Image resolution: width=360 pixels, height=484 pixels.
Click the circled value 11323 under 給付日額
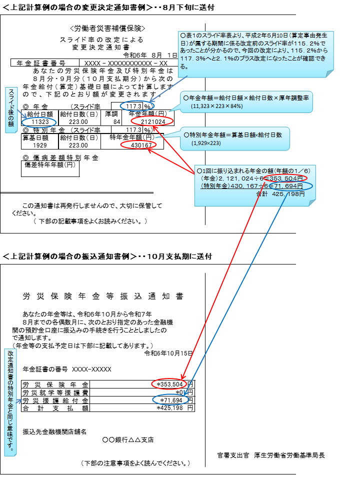[x=40, y=122]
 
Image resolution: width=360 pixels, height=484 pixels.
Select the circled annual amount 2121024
[x=153, y=121]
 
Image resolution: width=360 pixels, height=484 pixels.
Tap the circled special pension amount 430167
[x=141, y=145]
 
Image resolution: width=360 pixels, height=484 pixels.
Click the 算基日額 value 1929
[x=40, y=145]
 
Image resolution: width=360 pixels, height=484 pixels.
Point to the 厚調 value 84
[x=116, y=122]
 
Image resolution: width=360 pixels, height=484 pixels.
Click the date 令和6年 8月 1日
[x=150, y=55]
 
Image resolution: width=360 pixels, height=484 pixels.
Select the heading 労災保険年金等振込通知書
[x=103, y=296]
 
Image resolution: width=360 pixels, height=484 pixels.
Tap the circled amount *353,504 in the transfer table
[x=170, y=384]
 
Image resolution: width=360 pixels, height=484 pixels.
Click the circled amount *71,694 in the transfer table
[x=171, y=400]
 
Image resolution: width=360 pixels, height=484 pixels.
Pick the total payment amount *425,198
[x=170, y=408]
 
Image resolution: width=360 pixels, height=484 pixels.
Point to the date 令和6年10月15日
[x=168, y=353]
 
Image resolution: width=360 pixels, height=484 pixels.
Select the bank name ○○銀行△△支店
[x=128, y=439]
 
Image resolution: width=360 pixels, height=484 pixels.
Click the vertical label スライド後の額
[x=11, y=107]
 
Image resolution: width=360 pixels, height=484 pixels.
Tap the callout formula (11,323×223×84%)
[x=216, y=106]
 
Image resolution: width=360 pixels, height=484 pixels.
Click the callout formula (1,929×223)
[x=206, y=143]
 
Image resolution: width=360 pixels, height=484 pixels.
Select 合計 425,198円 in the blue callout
[x=280, y=194]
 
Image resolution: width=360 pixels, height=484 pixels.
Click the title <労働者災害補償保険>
[x=107, y=28]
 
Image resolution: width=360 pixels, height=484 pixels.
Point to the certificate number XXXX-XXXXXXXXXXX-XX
[x=126, y=63]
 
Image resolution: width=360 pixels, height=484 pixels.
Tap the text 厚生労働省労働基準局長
[x=289, y=455]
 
